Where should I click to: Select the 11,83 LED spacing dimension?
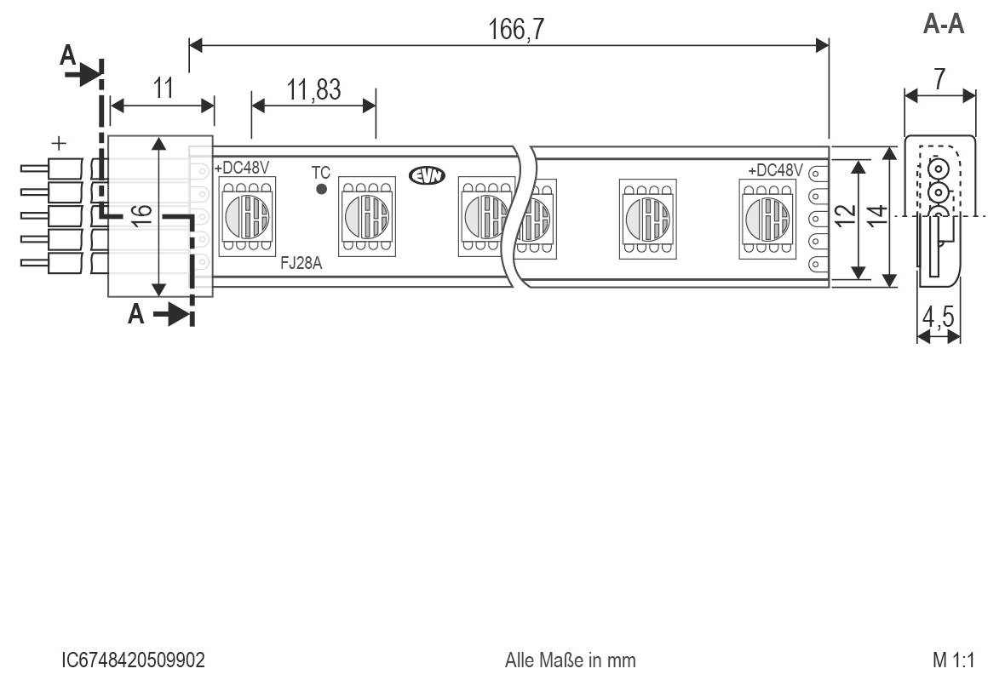point(313,89)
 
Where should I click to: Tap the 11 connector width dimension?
point(164,88)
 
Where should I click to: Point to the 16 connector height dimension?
point(144,214)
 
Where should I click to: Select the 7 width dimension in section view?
point(939,80)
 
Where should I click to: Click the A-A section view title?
point(944,25)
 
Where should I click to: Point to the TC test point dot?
point(321,188)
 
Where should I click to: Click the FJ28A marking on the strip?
point(301,264)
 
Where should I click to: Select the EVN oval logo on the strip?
point(427,175)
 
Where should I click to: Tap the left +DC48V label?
point(242,168)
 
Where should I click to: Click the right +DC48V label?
point(775,170)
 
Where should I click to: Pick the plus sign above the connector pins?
point(60,143)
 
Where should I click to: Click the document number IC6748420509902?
point(134,660)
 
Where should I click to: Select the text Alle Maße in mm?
point(570,660)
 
